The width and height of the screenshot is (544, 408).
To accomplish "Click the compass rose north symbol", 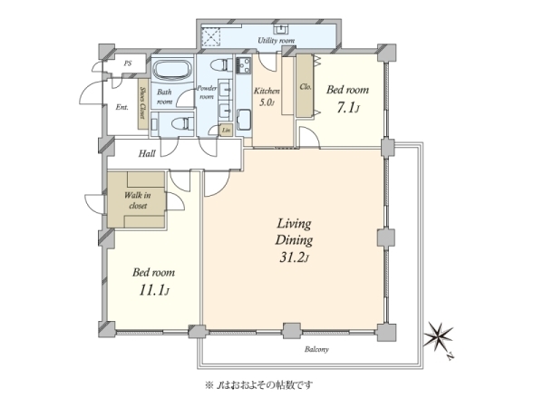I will coord(441,337).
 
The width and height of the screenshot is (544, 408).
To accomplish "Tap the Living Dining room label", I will coord(294,240).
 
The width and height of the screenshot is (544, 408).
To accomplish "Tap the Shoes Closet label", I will coord(142,92).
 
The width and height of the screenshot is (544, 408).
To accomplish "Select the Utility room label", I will coord(277,41).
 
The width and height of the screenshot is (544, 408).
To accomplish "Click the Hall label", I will coord(148,154).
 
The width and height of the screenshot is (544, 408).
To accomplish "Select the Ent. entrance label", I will coord(121,107).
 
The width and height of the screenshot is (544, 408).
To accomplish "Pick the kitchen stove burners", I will coord(244,65).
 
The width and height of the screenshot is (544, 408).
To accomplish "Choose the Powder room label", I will coord(207,92).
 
